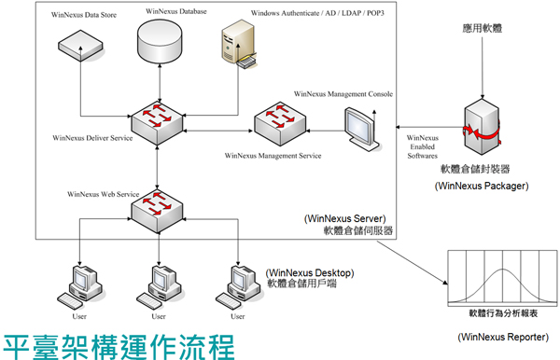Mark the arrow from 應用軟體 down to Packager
coord(483,75)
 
